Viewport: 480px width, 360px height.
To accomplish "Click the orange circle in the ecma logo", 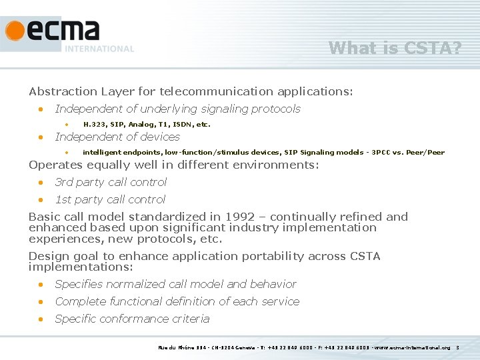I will coord(15,30).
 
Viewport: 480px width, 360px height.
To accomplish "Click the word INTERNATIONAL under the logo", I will coord(99,49).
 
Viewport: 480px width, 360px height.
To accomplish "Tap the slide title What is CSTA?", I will coord(395,48).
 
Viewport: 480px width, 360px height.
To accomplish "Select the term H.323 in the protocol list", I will coord(94,125).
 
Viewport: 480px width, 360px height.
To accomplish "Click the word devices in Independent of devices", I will coord(161,137).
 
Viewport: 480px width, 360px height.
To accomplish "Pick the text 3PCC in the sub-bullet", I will coord(383,153).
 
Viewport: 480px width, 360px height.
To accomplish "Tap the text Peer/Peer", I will coord(428,153).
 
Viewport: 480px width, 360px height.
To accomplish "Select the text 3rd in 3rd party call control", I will coord(64,182).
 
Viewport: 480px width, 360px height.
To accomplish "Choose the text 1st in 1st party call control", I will coord(63,199).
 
